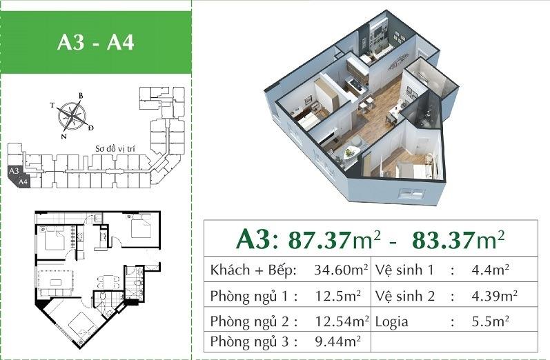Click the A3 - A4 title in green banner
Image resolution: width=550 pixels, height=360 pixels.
pyautogui.click(x=96, y=43)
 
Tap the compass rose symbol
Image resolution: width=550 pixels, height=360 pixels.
pyautogui.click(x=72, y=115)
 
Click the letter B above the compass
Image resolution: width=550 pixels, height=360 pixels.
pyautogui.click(x=80, y=96)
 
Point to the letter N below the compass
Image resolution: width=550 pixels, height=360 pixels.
pyautogui.click(x=63, y=137)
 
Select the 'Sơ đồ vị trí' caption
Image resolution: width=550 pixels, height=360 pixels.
pyautogui.click(x=115, y=149)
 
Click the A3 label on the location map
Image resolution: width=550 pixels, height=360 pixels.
pyautogui.click(x=14, y=171)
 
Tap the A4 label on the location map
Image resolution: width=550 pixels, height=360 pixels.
pyautogui.click(x=23, y=182)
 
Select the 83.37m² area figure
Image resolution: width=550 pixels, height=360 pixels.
pyautogui.click(x=458, y=239)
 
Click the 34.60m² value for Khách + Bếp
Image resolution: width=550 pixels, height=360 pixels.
pyautogui.click(x=342, y=270)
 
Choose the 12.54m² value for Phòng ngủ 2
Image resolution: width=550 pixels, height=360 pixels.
pyautogui.click(x=342, y=321)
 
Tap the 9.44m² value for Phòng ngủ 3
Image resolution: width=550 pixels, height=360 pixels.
pyautogui.click(x=338, y=341)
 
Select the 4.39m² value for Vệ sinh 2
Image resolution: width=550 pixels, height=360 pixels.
pyautogui.click(x=495, y=296)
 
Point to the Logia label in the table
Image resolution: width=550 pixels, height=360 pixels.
pyautogui.click(x=392, y=322)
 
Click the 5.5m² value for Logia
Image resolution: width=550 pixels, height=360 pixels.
pyautogui.click(x=491, y=321)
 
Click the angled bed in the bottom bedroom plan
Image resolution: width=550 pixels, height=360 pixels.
pyautogui.click(x=82, y=326)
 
